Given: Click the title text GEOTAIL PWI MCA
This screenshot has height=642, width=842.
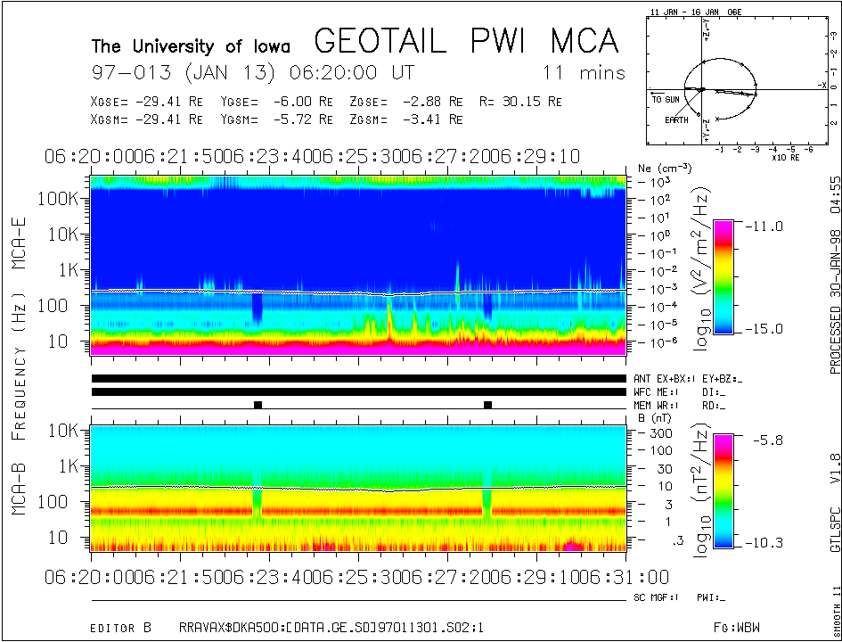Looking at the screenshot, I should [467, 41].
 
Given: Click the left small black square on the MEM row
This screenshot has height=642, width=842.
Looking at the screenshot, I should [258, 405].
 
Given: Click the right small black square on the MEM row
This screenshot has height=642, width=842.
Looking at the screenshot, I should [487, 405].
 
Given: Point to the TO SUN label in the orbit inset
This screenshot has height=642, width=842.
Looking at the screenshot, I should [666, 99].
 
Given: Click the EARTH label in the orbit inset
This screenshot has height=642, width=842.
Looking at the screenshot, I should [676, 119].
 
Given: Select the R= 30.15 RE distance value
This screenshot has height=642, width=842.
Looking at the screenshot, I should [520, 102].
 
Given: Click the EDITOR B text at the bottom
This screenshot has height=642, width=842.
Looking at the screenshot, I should [121, 628].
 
